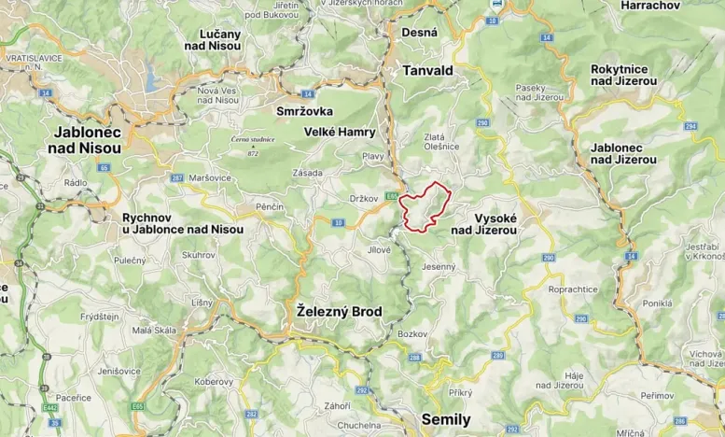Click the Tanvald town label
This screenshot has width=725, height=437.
(427, 70)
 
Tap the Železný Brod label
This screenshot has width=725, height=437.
(339, 311)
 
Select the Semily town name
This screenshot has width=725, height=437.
(446, 419)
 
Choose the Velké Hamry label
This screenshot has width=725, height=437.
(340, 133)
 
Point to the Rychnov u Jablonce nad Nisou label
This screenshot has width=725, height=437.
(183, 223)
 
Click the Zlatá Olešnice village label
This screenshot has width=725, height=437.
(441, 141)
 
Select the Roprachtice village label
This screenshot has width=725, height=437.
(573, 289)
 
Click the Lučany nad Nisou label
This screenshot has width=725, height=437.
(219, 40)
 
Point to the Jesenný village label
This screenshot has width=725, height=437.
(438, 267)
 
